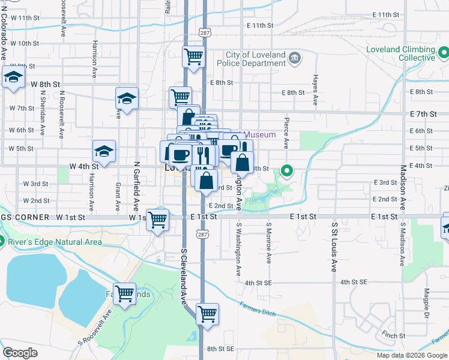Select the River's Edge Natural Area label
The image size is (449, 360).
[x=56, y=242]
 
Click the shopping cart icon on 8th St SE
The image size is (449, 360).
[x=207, y=313]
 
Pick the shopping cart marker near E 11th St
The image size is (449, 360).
[x=193, y=57]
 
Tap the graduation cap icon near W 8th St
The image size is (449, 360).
[x=12, y=77]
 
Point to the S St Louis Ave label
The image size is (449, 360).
[x=334, y=247]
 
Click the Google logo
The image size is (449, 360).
[x=20, y=353]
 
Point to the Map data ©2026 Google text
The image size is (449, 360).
[x=411, y=355]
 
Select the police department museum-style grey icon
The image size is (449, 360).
[x=295, y=58]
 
